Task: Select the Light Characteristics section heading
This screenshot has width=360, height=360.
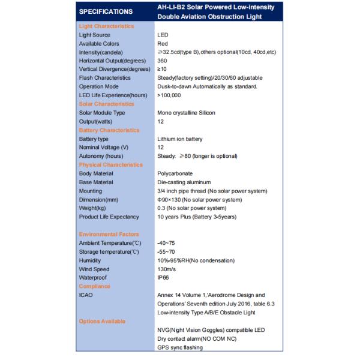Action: (106, 26)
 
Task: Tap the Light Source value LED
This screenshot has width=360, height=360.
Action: (163, 35)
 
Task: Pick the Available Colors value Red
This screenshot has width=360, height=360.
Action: (163, 44)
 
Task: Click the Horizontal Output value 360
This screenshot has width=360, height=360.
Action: (162, 61)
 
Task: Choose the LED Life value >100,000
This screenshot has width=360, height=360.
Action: (170, 95)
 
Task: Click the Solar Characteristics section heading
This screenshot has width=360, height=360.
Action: (106, 104)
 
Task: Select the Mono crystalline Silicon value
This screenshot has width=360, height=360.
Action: (186, 113)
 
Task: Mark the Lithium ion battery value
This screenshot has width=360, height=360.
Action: (180, 139)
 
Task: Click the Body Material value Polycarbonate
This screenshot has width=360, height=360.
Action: (175, 173)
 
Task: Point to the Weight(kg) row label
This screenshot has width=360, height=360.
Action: (95, 208)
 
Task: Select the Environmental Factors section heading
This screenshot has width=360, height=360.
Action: (109, 234)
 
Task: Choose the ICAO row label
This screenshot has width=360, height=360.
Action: (86, 295)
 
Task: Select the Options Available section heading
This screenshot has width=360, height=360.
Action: (103, 321)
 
